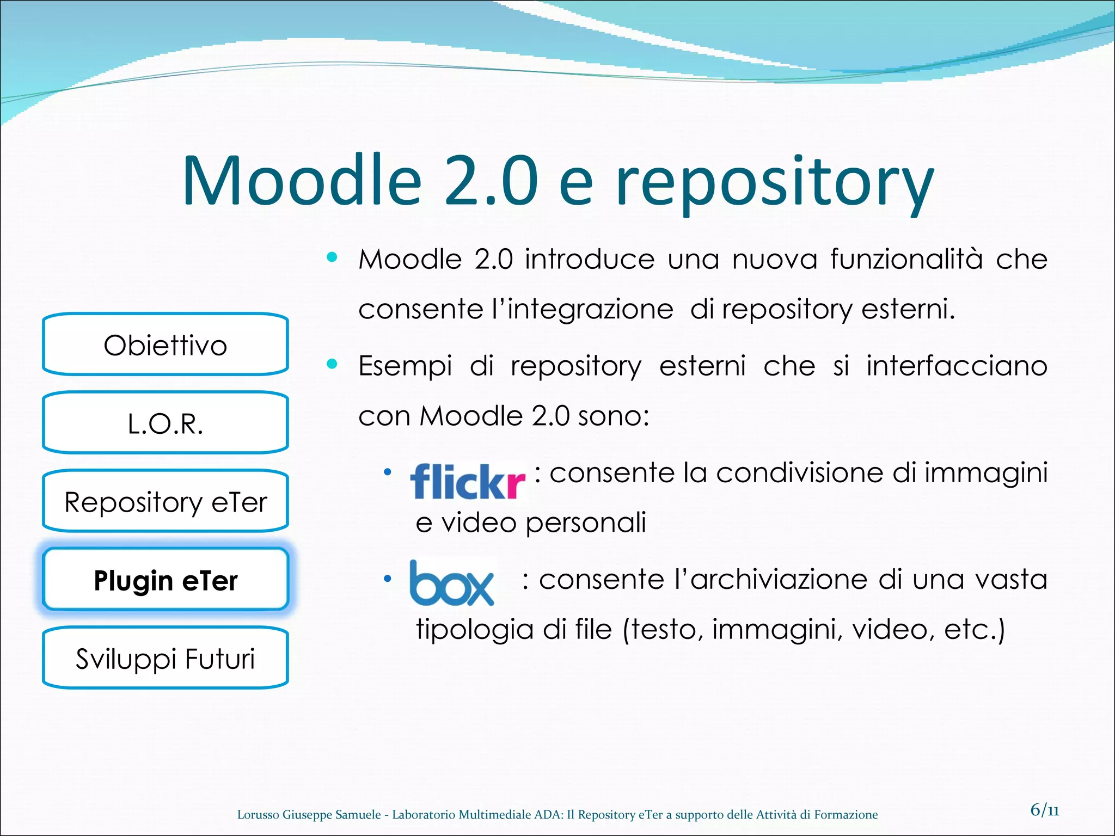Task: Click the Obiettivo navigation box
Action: pyautogui.click(x=165, y=345)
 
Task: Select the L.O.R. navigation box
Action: pyautogui.click(x=165, y=423)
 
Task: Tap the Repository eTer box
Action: pyautogui.click(x=165, y=502)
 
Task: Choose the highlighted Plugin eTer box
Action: pyautogui.click(x=165, y=580)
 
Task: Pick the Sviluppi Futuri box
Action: pyautogui.click(x=165, y=659)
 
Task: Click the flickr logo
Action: pyautogui.click(x=468, y=481)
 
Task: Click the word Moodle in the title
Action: pyautogui.click(x=303, y=181)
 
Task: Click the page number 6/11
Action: pyautogui.click(x=1044, y=810)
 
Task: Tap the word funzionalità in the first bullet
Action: pyautogui.click(x=906, y=259)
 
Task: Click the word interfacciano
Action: pyautogui.click(x=957, y=366)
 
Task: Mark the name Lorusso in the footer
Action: pyautogui.click(x=258, y=815)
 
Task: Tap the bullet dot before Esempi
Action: pyautogui.click(x=332, y=364)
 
